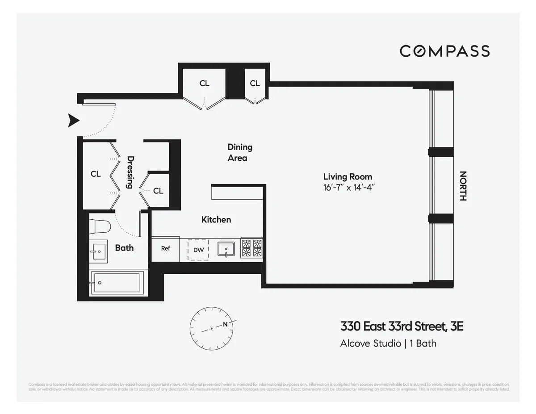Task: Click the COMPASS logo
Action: [444, 51]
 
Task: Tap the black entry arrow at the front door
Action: [74, 121]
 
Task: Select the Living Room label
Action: [348, 177]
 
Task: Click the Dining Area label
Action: [239, 152]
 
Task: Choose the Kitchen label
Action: [216, 220]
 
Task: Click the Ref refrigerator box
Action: [166, 249]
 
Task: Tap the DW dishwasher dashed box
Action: [198, 250]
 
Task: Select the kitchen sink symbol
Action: [226, 249]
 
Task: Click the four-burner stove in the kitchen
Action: [251, 249]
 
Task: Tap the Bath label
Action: [124, 248]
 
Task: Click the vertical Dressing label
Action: [130, 172]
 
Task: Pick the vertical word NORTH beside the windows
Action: [463, 186]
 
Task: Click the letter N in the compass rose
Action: [226, 324]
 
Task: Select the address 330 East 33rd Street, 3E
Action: [402, 326]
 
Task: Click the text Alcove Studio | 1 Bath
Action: [388, 343]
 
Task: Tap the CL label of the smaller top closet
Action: [255, 83]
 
